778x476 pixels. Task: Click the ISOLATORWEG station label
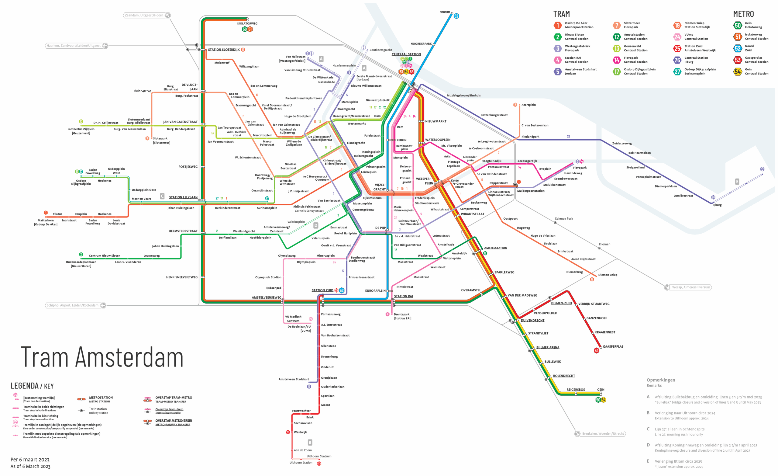point(247,23)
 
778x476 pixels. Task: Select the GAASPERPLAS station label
point(613,346)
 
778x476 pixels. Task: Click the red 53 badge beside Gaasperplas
point(597,350)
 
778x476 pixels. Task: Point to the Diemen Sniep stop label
point(608,275)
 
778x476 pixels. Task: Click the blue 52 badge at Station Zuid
point(342,290)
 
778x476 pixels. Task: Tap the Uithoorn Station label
point(301,462)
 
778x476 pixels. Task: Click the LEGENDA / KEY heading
point(32,386)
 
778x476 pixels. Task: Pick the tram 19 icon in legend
point(677,25)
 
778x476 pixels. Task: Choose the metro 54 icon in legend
point(738,71)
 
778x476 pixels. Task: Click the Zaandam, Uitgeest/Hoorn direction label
point(144,15)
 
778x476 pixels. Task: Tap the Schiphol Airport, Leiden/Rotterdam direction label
point(72,305)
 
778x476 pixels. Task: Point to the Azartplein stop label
point(528,105)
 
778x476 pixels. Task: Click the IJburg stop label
point(718,205)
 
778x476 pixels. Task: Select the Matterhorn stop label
point(46,220)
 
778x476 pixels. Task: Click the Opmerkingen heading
point(661,380)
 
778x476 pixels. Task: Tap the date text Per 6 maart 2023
point(30,459)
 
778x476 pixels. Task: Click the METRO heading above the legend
point(743,14)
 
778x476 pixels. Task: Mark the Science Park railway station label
point(564,219)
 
